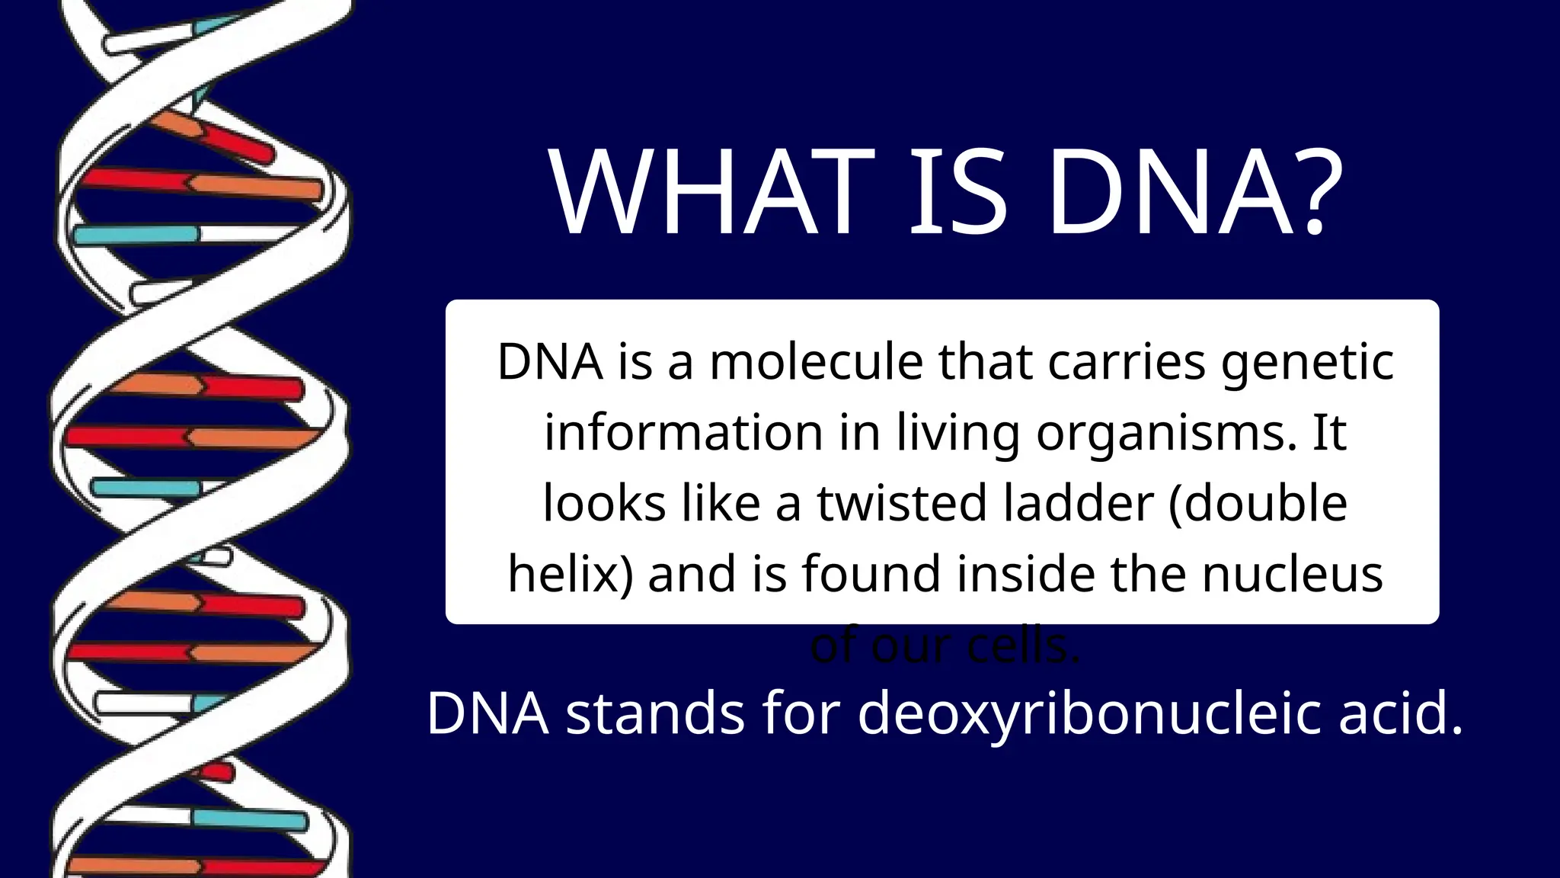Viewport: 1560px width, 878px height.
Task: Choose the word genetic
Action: pos(1307,364)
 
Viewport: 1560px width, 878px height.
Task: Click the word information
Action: pos(683,432)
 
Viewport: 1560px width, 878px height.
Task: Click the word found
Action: pos(871,574)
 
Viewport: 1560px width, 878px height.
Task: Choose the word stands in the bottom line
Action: pos(655,713)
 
